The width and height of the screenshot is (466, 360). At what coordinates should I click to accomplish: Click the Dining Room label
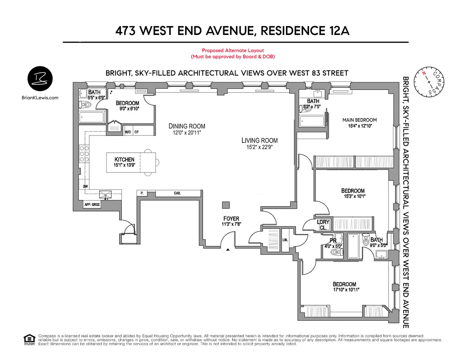pyautogui.click(x=187, y=126)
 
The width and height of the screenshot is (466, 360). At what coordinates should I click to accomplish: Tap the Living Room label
pyautogui.click(x=259, y=141)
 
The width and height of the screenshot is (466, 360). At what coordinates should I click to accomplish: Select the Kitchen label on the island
pyautogui.click(x=124, y=159)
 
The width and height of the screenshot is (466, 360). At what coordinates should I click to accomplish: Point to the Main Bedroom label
pyautogui.click(x=359, y=120)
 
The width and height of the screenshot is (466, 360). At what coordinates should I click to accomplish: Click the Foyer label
pyautogui.click(x=231, y=219)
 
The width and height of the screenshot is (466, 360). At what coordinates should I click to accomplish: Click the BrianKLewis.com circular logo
pyautogui.click(x=40, y=79)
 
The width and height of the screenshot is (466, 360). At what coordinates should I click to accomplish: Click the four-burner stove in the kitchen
pyautogui.click(x=84, y=154)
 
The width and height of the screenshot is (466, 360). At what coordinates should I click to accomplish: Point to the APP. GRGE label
pyautogui.click(x=92, y=204)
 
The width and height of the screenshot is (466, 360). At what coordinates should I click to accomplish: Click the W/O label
pyautogui.click(x=127, y=132)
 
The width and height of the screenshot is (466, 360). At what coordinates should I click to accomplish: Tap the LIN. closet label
pyautogui.click(x=285, y=240)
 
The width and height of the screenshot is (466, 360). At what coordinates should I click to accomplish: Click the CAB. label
pyautogui.click(x=177, y=193)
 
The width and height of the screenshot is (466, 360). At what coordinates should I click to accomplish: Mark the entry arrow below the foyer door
pyautogui.click(x=228, y=249)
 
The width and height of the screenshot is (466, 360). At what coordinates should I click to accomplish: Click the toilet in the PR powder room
pyautogui.click(x=336, y=252)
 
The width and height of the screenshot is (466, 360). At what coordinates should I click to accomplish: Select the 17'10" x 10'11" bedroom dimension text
pyautogui.click(x=346, y=290)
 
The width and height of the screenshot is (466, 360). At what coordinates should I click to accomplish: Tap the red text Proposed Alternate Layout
pyautogui.click(x=233, y=51)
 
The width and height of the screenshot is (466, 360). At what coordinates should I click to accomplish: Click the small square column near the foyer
pyautogui.click(x=225, y=205)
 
